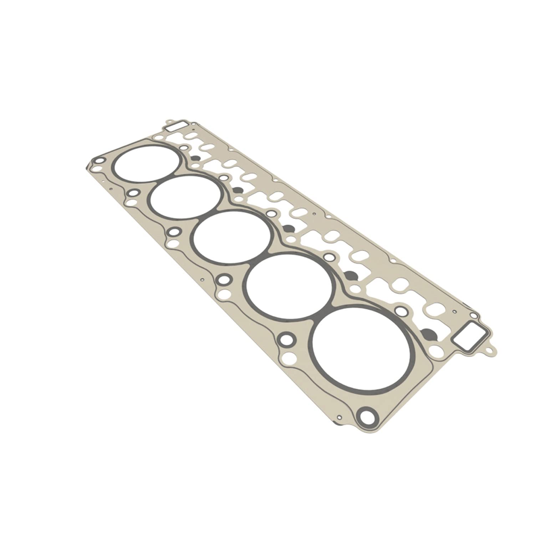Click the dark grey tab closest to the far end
pyautogui.click(x=195, y=158)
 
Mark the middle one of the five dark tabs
pyautogui.click(x=288, y=226)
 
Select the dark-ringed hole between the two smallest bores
pyautogui.click(x=133, y=193)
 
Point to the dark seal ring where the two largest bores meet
pyautogui.click(x=323, y=314)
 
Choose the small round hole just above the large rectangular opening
pyautogui.click(x=473, y=316)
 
